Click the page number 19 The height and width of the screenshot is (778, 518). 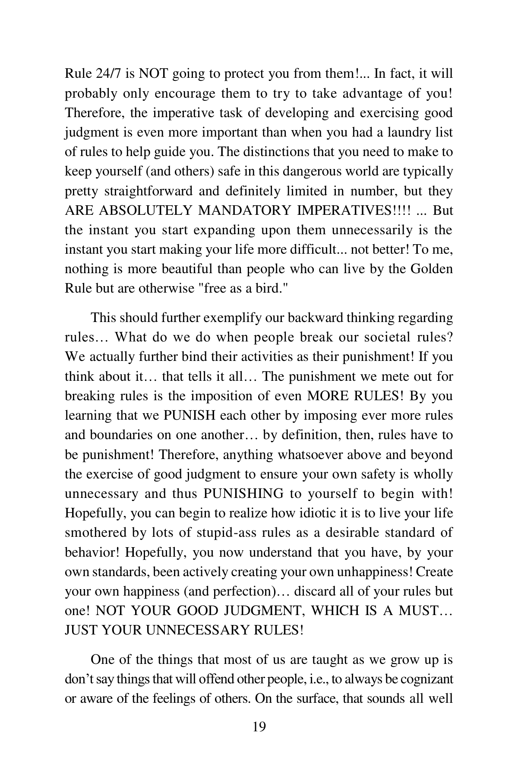pyautogui.click(x=259, y=727)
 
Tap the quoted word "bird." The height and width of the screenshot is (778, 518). pyautogui.click(x=274, y=288)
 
